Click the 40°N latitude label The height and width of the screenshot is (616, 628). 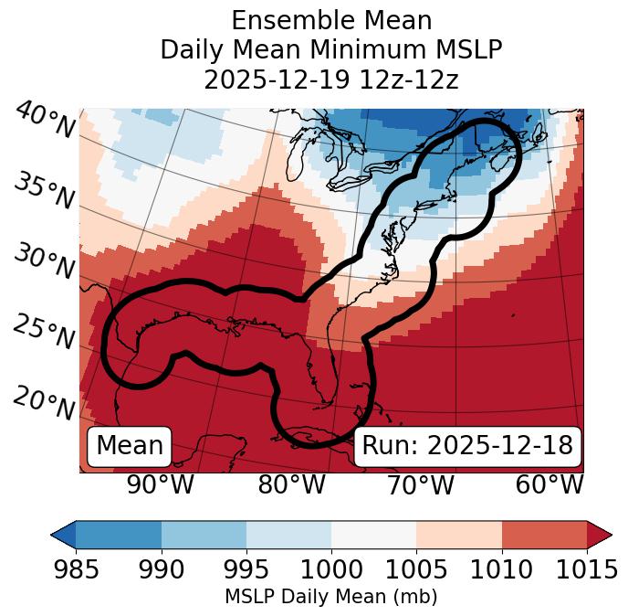coord(45,121)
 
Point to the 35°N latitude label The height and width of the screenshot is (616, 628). coord(44,190)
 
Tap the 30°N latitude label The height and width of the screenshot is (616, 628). coord(44,261)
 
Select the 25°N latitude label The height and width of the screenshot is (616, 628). coord(44,332)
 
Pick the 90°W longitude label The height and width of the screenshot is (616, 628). coord(161,484)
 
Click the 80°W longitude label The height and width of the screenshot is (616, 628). coord(292,484)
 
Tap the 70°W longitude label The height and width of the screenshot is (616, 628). coord(421,484)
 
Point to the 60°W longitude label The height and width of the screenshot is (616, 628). coord(549,484)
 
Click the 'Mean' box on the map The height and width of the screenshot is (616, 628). coord(130,446)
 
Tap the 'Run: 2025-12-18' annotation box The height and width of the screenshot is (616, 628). coord(467,446)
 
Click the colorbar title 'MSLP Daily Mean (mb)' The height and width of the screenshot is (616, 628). coord(330,597)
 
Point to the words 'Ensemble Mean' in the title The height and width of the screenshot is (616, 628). coord(331,21)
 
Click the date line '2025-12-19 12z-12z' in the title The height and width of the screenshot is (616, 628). coord(331,80)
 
